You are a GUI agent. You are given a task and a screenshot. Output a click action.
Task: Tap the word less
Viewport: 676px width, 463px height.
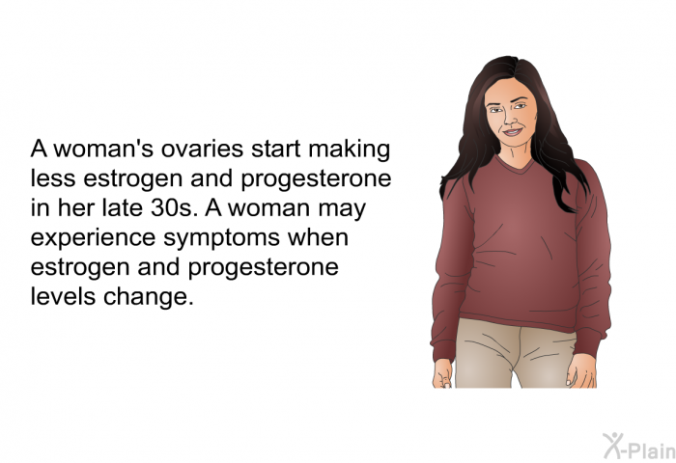click(x=54, y=178)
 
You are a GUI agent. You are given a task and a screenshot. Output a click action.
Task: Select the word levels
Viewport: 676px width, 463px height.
click(x=63, y=296)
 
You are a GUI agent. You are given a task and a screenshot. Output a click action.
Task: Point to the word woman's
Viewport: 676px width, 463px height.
click(x=104, y=149)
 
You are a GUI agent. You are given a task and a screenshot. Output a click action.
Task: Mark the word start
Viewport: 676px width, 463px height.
click(x=276, y=150)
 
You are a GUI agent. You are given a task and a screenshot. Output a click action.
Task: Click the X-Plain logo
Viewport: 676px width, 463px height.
click(x=639, y=446)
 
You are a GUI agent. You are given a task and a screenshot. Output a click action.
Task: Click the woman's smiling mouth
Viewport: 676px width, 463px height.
click(x=513, y=132)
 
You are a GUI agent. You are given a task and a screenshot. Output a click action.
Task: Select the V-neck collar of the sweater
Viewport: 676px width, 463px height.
click(x=515, y=164)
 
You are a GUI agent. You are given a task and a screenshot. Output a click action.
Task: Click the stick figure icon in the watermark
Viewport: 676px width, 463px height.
click(x=612, y=445)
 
